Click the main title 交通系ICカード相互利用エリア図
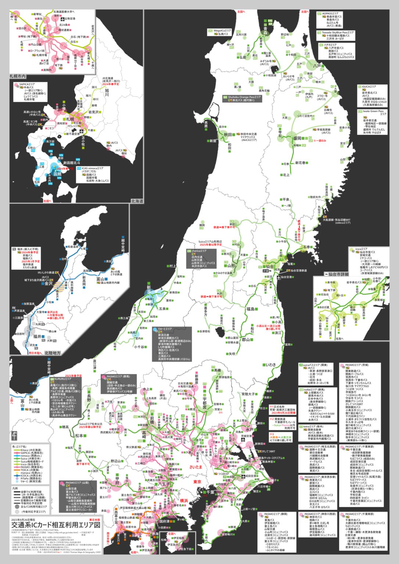tap(55, 525)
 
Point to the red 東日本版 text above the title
tap(94, 520)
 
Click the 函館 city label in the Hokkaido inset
tap(58, 174)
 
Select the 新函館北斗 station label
tap(72, 163)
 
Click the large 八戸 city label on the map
tap(317, 66)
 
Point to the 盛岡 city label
tap(297, 138)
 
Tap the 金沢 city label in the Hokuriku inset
tap(48, 283)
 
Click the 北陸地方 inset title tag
tap(53, 353)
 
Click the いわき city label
tap(271, 365)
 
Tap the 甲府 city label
tap(117, 481)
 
